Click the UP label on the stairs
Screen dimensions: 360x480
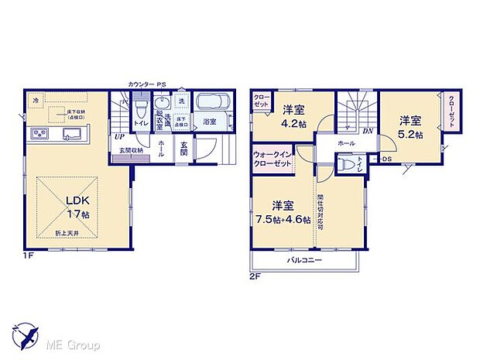[121, 137]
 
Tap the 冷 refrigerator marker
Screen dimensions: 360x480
[36, 100]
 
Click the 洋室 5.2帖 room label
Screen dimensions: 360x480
[410, 127]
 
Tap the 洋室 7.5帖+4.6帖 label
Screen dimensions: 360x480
[283, 211]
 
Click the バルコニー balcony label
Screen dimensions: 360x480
[303, 261]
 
